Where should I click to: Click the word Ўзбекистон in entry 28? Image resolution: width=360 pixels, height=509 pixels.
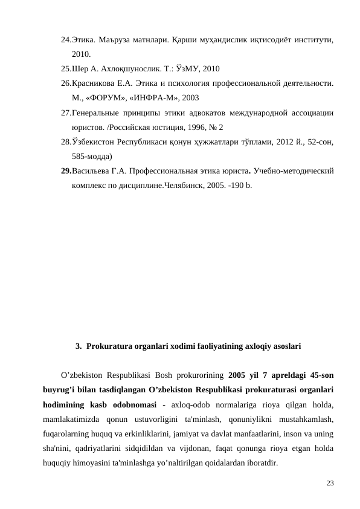coord(95,141)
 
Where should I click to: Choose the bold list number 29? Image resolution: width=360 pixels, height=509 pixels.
coord(66,171)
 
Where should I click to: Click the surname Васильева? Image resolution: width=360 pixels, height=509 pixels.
coord(93,171)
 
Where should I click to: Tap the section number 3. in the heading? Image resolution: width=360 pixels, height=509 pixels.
coord(79,347)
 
